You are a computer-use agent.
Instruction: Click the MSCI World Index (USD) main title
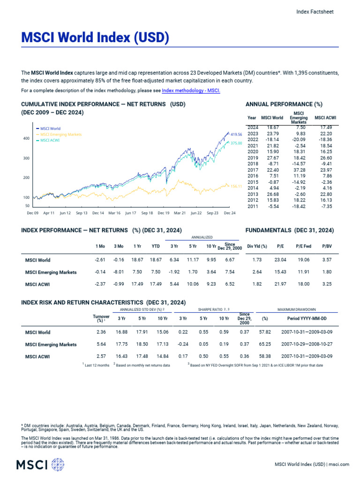click(x=95, y=37)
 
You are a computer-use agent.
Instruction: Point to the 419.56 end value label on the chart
click(x=236, y=135)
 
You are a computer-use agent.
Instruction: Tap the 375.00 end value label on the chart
click(x=236, y=142)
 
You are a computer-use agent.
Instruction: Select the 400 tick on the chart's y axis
click(x=26, y=139)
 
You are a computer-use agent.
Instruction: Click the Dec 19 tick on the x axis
click(x=163, y=213)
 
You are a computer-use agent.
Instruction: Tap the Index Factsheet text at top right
click(x=315, y=12)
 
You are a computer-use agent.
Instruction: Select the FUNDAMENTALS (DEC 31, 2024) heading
click(x=290, y=230)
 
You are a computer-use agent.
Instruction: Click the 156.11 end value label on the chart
click(x=236, y=186)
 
